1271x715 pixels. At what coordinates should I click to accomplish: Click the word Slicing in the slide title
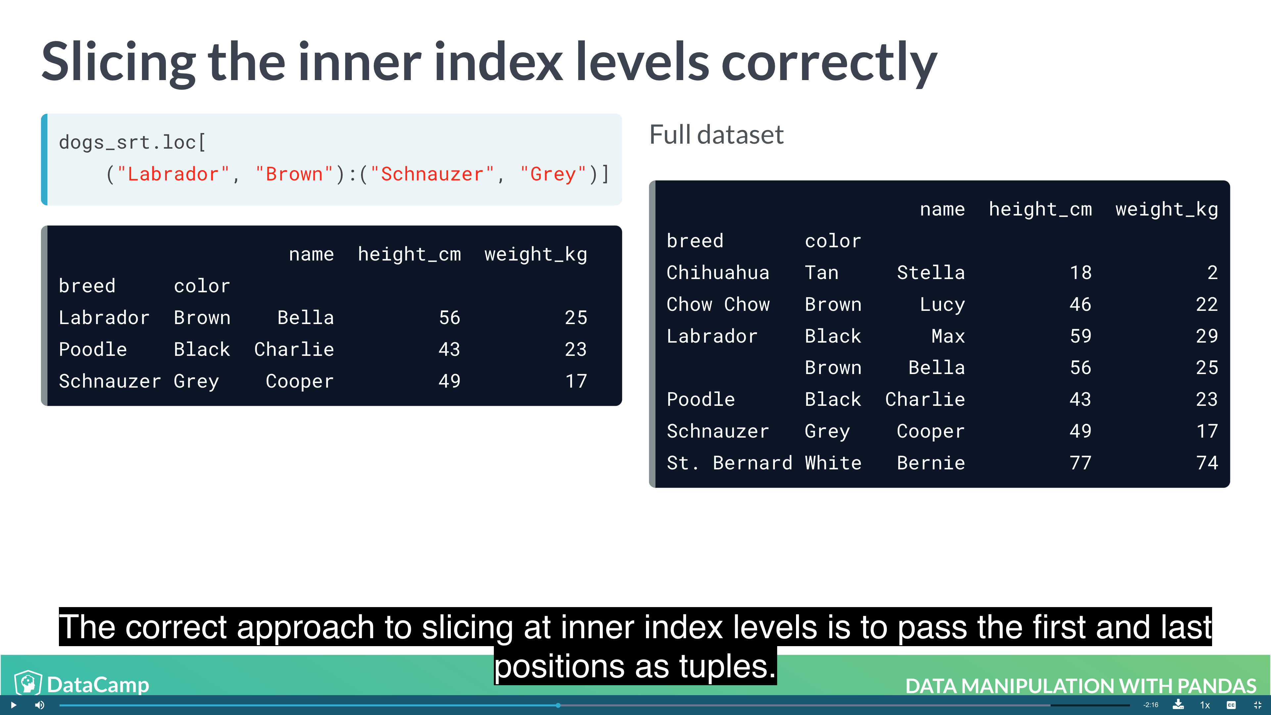[118, 63]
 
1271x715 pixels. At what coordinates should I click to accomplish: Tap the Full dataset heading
[716, 135]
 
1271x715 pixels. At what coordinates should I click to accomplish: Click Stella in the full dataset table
[930, 272]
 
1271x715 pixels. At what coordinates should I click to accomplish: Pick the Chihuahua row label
[717, 272]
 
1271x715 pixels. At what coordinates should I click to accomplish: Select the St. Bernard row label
[729, 463]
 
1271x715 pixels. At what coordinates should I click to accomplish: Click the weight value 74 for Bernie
[1206, 463]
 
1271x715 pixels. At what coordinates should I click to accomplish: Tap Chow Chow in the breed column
[717, 305]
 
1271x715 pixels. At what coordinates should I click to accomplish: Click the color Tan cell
[821, 272]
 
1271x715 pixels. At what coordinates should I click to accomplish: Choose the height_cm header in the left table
[409, 254]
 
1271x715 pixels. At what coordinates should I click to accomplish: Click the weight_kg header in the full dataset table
[1166, 209]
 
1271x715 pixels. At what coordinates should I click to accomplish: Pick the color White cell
[833, 463]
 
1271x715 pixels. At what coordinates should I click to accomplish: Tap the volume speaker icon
[39, 705]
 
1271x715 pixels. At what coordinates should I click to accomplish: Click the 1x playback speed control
[1205, 705]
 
